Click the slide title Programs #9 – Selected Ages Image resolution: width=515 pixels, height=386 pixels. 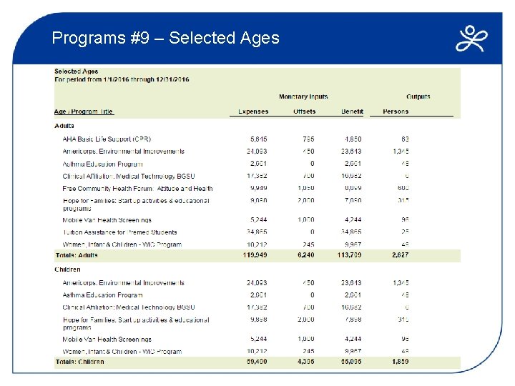[165, 38]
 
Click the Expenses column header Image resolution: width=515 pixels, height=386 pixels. [253, 112]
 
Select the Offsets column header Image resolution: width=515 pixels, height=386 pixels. [304, 112]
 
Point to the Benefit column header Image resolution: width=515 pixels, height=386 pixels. [352, 112]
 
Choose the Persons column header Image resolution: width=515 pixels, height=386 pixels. [396, 112]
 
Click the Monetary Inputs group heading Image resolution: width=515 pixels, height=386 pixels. [303, 96]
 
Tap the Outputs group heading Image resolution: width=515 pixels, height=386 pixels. [418, 96]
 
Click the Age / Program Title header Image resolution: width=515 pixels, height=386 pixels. [84, 112]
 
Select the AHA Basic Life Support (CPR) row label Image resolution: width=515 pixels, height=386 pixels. [107, 139]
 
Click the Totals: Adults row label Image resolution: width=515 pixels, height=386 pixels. [77, 254]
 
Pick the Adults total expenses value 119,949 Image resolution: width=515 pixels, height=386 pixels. [254, 254]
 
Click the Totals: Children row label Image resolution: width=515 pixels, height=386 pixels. [79, 362]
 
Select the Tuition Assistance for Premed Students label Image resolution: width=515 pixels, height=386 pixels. [120, 233]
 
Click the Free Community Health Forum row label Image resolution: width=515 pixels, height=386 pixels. [137, 189]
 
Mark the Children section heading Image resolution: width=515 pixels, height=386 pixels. [67, 269]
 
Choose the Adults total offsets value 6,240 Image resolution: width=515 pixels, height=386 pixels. [304, 254]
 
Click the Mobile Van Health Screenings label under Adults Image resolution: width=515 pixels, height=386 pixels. [107, 220]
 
